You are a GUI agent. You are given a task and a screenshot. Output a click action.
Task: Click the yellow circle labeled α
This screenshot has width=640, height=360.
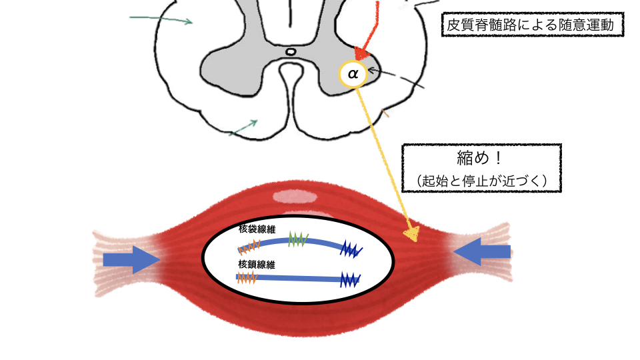[353, 73]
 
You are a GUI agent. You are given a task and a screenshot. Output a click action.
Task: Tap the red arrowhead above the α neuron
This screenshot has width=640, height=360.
[362, 53]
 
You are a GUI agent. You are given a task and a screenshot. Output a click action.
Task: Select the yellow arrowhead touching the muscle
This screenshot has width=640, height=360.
[412, 234]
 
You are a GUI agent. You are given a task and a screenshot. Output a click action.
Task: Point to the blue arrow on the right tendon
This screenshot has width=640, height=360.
[482, 252]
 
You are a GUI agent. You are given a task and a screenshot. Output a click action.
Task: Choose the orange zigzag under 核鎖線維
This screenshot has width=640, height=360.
[247, 277]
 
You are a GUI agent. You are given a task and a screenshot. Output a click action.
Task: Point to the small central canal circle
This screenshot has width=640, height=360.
[290, 51]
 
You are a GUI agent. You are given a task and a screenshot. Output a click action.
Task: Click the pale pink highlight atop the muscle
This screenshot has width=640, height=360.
[296, 196]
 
